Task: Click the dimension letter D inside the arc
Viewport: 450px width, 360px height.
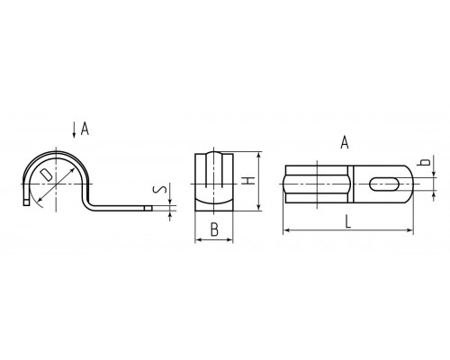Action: pos(46,175)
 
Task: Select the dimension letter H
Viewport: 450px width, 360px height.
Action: pos(248,181)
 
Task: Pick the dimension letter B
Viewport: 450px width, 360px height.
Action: pos(214,229)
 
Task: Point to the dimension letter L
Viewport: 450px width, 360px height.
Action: pos(347,221)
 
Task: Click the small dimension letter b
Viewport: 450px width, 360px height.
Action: pos(425,161)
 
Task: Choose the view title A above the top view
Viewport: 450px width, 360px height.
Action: pos(345,142)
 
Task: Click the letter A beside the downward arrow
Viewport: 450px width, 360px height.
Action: pos(85,129)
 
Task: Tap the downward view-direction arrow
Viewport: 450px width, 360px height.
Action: pos(74,130)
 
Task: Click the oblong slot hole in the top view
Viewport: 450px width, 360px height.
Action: pos(384,184)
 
